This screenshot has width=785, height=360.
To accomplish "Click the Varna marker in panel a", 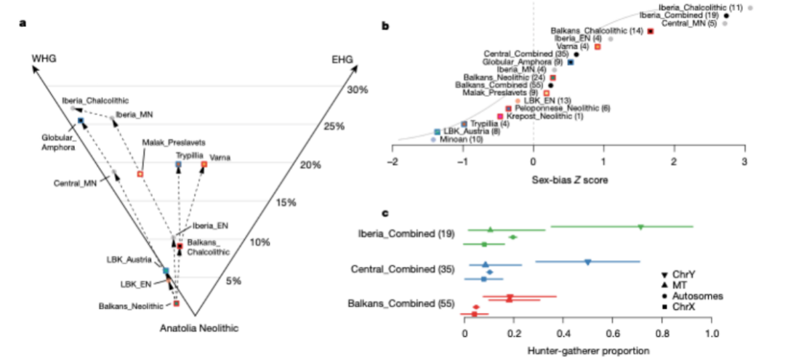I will tap(204, 165).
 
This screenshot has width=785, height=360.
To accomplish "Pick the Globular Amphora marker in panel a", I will tap(81, 120).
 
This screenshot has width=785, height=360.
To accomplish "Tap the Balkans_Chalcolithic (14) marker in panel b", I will tap(651, 31).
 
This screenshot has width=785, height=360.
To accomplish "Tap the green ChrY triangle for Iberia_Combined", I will tap(640, 228).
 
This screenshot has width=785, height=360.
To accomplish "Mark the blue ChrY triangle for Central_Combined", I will tap(588, 262).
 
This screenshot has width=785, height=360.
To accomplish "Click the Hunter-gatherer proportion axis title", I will tap(586, 351).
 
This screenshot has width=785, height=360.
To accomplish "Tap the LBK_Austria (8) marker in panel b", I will tap(437, 132).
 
